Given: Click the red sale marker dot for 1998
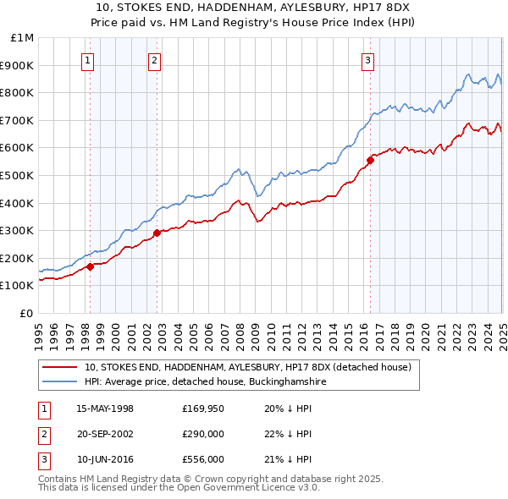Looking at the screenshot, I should click(90, 266).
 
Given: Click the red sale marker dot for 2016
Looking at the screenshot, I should click(370, 160).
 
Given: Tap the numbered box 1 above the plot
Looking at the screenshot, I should click(88, 59).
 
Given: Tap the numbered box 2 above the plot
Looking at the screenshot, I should click(155, 59).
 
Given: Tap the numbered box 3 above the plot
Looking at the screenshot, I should click(368, 59).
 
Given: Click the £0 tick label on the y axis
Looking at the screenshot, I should click(26, 313).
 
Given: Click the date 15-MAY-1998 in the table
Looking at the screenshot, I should click(105, 409).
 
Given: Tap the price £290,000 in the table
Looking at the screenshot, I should click(203, 434).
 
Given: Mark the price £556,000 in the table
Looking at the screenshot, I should click(203, 459).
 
